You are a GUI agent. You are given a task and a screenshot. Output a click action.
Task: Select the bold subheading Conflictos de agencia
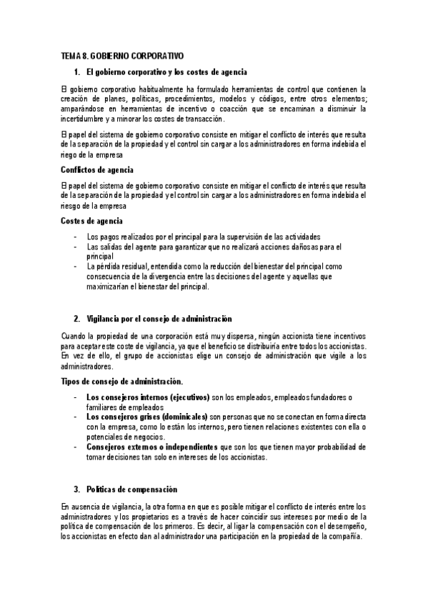tap(97, 170)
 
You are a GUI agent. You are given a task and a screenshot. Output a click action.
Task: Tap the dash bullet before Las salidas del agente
tap(76, 247)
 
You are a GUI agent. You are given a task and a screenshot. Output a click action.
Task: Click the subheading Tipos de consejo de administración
tap(121, 382)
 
